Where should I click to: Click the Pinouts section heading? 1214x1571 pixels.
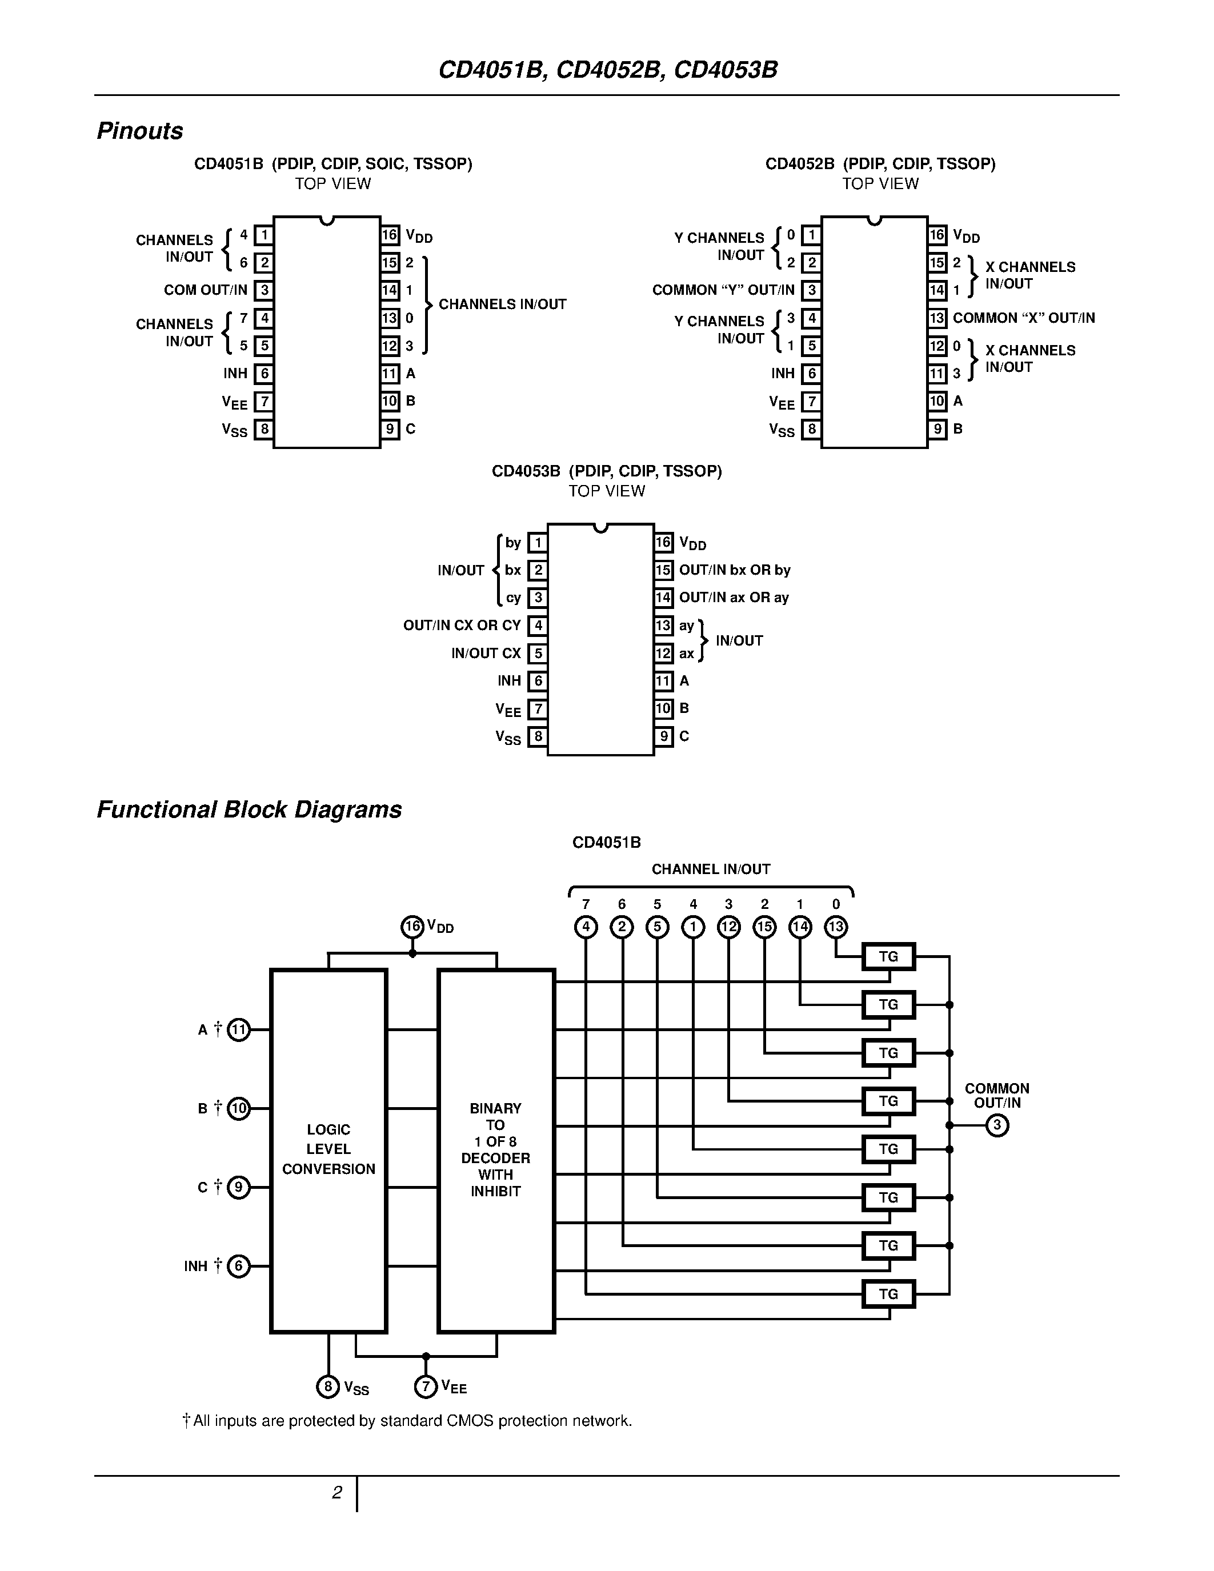point(139,131)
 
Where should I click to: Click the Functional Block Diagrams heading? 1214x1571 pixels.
point(249,809)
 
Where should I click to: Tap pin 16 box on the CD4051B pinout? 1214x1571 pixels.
point(390,235)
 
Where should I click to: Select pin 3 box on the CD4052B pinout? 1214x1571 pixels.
point(811,291)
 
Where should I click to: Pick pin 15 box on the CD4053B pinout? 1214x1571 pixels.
point(663,571)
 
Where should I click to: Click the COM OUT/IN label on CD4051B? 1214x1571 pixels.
point(206,290)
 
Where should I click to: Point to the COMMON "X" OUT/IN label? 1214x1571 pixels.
point(1023,318)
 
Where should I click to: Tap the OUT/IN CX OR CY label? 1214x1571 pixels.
point(462,626)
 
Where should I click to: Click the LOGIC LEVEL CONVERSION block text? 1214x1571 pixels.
point(328,1149)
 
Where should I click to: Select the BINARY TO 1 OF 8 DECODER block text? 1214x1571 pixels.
point(495,1149)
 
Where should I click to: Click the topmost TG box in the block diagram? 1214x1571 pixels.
point(888,957)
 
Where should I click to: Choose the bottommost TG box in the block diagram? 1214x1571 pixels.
point(888,1294)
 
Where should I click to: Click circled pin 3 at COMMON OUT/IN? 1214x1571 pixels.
point(997,1125)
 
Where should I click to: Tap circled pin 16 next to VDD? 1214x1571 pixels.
point(412,927)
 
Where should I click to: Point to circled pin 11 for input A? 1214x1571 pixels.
point(239,1030)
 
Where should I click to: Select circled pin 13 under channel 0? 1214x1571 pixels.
point(836,927)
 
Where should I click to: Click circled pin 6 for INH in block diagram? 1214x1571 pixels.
point(239,1266)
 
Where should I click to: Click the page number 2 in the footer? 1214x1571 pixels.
point(336,1493)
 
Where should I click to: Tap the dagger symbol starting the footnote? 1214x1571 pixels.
point(186,1421)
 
